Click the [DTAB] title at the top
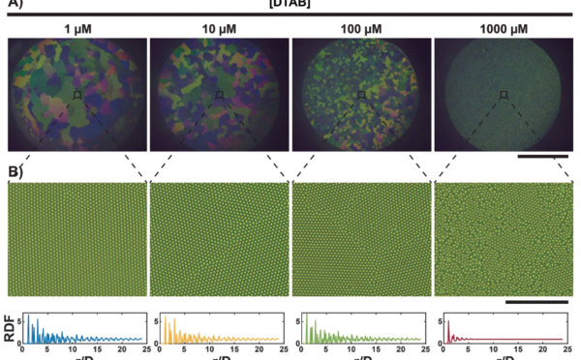tap(290, 6)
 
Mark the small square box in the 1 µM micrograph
tap(76, 95)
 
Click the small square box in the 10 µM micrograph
tap(220, 95)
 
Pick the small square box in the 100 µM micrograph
tap(361, 95)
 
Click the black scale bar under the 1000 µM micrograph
tap(543, 154)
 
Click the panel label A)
tap(15, 7)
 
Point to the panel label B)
tap(15, 175)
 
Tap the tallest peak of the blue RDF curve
tap(28, 317)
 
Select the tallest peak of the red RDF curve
tap(448, 320)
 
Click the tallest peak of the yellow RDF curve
tap(165, 318)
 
